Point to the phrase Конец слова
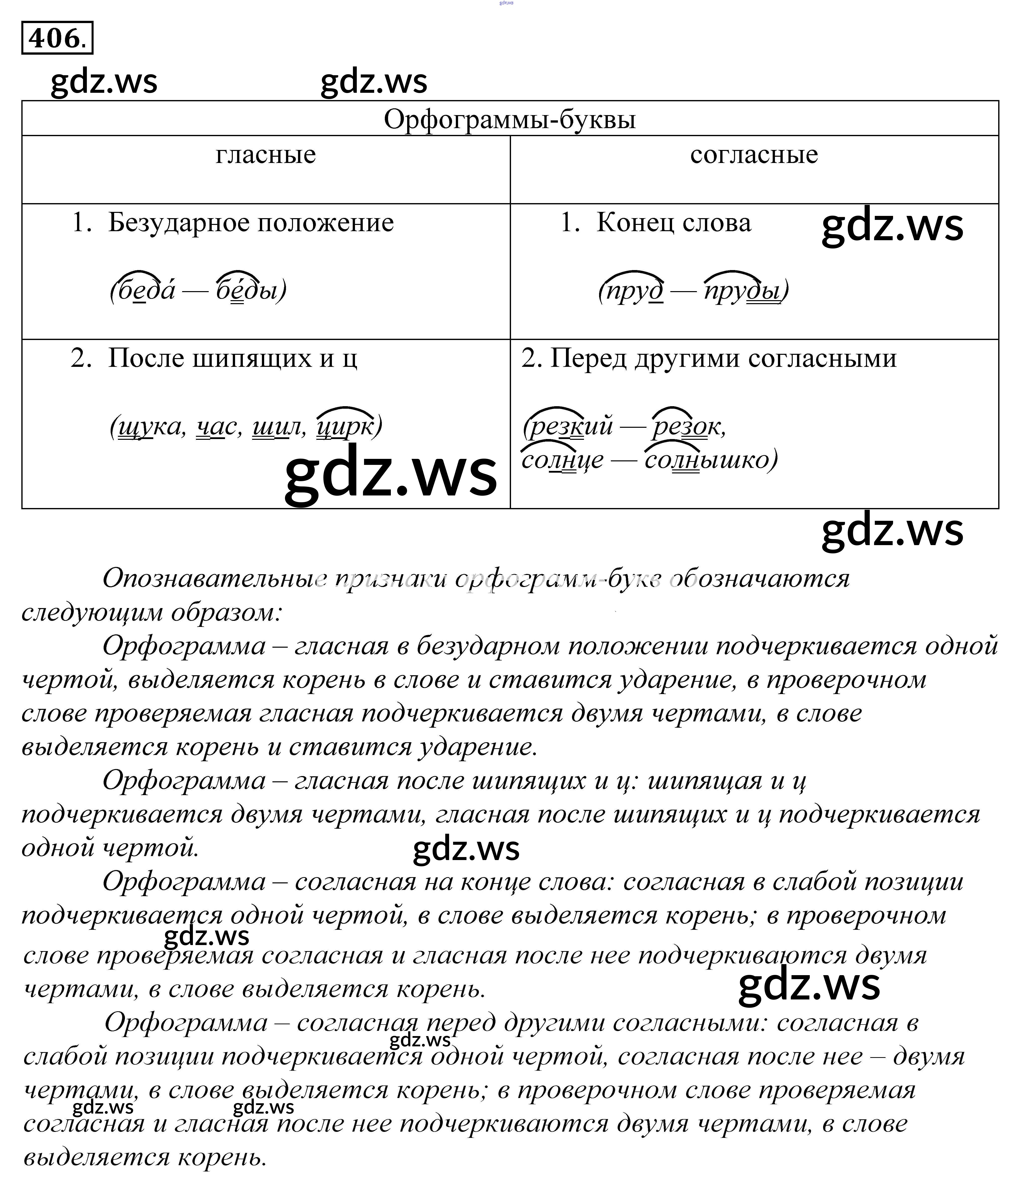tap(673, 222)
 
